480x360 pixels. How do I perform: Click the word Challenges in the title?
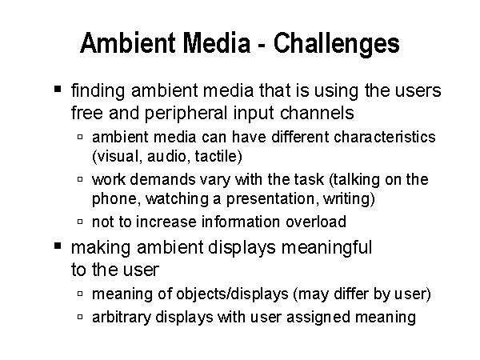(x=337, y=44)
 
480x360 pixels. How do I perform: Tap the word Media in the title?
(x=217, y=42)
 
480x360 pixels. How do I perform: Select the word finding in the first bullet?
(x=98, y=91)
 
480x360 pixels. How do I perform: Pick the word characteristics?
(x=385, y=137)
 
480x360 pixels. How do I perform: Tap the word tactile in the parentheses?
(x=216, y=156)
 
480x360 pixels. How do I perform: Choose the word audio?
(x=167, y=157)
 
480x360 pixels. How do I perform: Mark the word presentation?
(x=270, y=199)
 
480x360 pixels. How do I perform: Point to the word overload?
(x=316, y=222)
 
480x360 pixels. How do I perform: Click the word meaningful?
(x=326, y=248)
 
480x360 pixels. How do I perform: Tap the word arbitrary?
(x=122, y=318)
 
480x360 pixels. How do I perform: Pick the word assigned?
(x=318, y=318)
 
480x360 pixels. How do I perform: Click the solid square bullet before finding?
(x=58, y=89)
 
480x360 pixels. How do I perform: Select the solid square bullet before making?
(x=58, y=246)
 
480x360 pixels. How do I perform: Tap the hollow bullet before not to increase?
(x=80, y=222)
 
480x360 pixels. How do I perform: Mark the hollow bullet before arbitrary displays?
(x=80, y=317)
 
